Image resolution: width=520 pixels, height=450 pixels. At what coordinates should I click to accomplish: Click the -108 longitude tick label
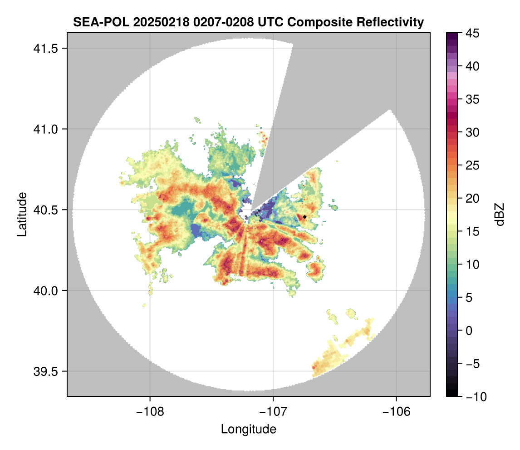[x=150, y=411]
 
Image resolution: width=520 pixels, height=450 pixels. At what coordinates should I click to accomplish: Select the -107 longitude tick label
[x=273, y=411]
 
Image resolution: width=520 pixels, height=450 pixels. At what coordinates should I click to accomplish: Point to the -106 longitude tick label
[x=397, y=411]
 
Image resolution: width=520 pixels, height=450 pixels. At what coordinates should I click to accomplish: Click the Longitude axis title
[x=249, y=429]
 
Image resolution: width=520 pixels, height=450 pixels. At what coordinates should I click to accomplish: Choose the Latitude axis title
[x=22, y=214]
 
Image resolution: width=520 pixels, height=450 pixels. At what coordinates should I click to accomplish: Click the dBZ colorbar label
[x=500, y=214]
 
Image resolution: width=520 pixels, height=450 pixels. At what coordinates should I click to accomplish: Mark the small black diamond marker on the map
[x=305, y=217]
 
